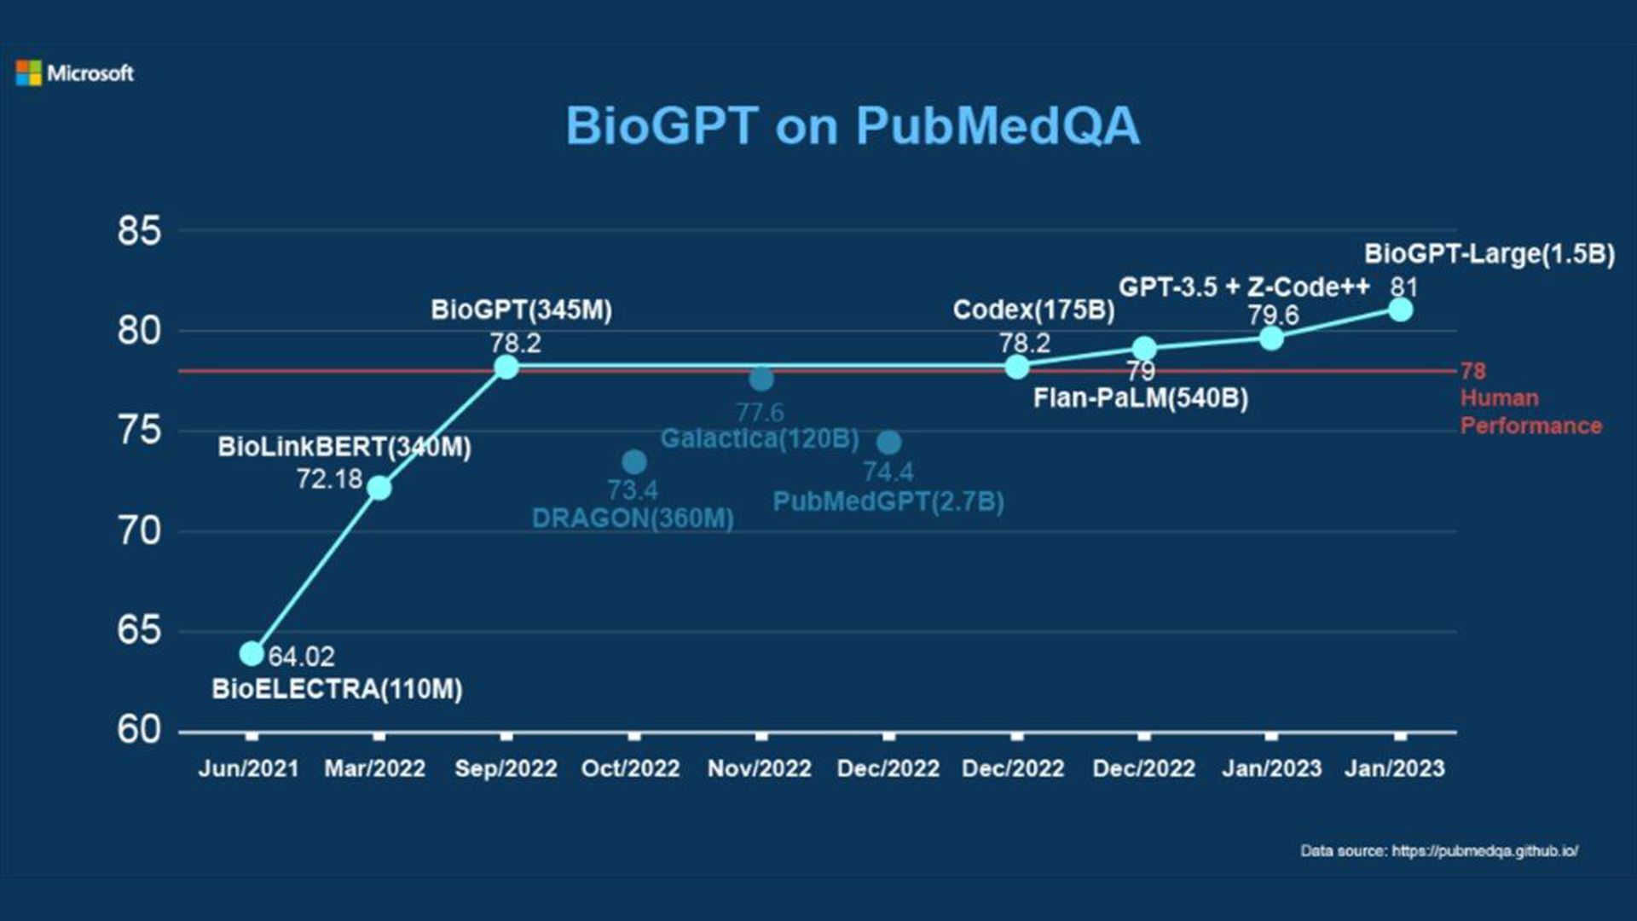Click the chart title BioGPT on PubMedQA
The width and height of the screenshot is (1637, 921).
[x=853, y=126]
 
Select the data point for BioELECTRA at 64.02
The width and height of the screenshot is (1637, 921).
[x=252, y=654]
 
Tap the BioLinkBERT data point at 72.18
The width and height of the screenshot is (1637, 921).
[x=379, y=488]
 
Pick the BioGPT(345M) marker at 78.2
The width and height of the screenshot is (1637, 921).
[x=506, y=367]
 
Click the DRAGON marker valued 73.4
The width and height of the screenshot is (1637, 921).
[x=633, y=462]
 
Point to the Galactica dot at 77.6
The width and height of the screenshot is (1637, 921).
[x=761, y=379]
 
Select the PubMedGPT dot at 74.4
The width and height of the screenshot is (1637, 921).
[x=888, y=443]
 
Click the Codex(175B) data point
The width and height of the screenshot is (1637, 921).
[x=1016, y=367]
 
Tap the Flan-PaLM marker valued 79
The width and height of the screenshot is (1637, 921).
[x=1144, y=348]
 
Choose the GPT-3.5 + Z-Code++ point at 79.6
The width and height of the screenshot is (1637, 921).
[x=1271, y=339]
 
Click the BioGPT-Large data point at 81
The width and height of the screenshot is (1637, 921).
[x=1400, y=310]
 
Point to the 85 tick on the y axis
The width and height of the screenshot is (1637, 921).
[x=139, y=230]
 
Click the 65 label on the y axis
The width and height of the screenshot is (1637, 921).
[x=139, y=630]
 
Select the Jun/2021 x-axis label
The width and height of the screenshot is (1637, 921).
[x=249, y=768]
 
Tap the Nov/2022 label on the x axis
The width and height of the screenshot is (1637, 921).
[x=760, y=768]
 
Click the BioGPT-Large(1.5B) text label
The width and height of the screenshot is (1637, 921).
[x=1489, y=254]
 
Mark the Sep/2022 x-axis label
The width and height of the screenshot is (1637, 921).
[x=506, y=768]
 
